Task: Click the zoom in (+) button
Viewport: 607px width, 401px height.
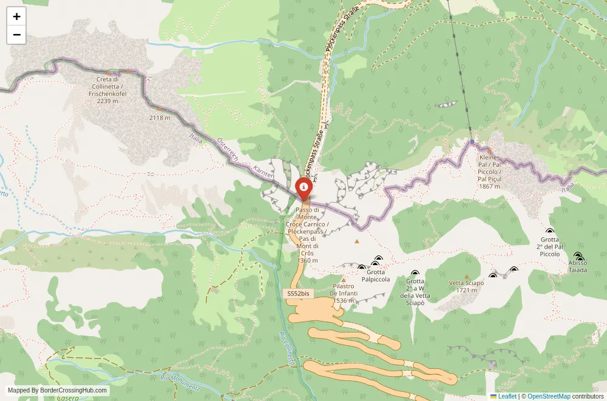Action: [x=16, y=17]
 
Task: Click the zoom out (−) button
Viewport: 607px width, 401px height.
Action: [x=16, y=35]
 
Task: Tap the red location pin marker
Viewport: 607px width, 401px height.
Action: [x=303, y=188]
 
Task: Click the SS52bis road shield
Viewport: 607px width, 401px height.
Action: [x=297, y=294]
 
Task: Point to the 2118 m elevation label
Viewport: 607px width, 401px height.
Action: [x=160, y=118]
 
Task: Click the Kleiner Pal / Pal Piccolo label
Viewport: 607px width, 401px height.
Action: [x=489, y=172]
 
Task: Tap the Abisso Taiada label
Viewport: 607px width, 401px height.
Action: [x=578, y=266]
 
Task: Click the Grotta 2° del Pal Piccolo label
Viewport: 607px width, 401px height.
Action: [x=549, y=247]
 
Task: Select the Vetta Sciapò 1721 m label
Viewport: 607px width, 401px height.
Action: [x=466, y=286]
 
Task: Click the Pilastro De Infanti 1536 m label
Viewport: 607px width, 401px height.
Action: [x=343, y=293]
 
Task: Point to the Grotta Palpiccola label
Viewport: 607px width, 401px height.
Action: [x=376, y=276]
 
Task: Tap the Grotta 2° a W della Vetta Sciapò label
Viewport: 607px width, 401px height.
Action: [x=415, y=292]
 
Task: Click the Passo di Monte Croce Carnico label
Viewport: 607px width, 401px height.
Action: [x=308, y=235]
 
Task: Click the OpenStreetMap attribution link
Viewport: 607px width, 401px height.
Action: [x=549, y=396]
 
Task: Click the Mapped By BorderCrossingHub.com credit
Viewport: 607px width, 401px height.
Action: [x=58, y=391]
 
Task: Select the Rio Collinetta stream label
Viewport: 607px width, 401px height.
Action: [x=288, y=348]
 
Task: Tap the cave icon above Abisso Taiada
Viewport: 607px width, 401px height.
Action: [x=578, y=256]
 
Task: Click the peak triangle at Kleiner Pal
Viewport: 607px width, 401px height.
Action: [x=489, y=151]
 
